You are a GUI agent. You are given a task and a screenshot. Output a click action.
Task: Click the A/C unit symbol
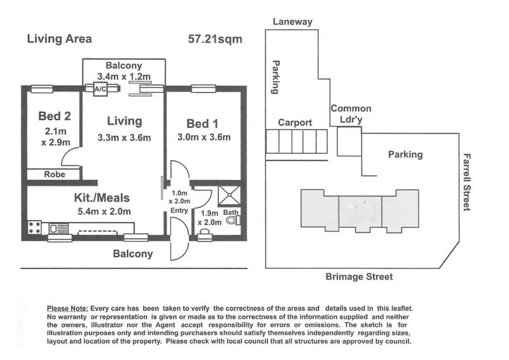pyautogui.click(x=100, y=90)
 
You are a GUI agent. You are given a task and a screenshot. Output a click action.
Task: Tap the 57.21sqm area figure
pyautogui.click(x=215, y=39)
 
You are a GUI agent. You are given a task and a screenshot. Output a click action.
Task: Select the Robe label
pyautogui.click(x=53, y=174)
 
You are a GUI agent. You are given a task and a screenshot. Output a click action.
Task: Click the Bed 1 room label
pyautogui.click(x=203, y=123)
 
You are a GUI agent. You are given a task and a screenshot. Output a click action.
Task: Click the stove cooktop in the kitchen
pyautogui.click(x=34, y=226)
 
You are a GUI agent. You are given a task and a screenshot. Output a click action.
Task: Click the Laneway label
pyautogui.click(x=293, y=22)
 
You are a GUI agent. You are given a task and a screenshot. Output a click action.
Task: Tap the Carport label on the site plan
pyautogui.click(x=295, y=123)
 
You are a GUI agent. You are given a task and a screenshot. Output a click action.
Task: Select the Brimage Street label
pyautogui.click(x=359, y=277)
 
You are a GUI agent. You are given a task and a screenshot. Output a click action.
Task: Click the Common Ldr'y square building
pyautogui.click(x=349, y=141)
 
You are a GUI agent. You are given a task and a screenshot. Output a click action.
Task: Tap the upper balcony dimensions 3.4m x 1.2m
pyautogui.click(x=123, y=76)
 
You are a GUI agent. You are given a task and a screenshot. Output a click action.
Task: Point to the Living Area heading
pyautogui.click(x=59, y=39)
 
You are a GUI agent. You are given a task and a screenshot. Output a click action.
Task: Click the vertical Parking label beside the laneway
pyautogui.click(x=276, y=77)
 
